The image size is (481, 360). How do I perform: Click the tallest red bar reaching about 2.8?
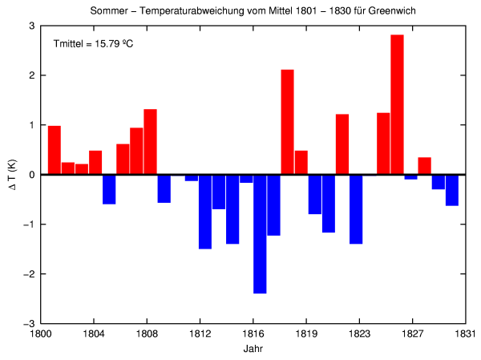(x=397, y=104)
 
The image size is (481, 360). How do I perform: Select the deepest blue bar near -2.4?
(x=260, y=233)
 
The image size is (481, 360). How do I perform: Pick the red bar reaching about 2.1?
(x=287, y=122)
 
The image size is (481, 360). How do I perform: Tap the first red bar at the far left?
(x=55, y=150)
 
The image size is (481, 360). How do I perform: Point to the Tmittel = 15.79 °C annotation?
(x=93, y=42)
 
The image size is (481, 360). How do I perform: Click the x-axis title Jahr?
(x=253, y=350)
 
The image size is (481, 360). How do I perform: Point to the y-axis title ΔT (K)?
(x=11, y=175)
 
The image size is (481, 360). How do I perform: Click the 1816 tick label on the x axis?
(x=253, y=335)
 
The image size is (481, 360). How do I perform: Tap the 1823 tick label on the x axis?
(x=359, y=335)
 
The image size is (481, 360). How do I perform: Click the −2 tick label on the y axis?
(x=28, y=273)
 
